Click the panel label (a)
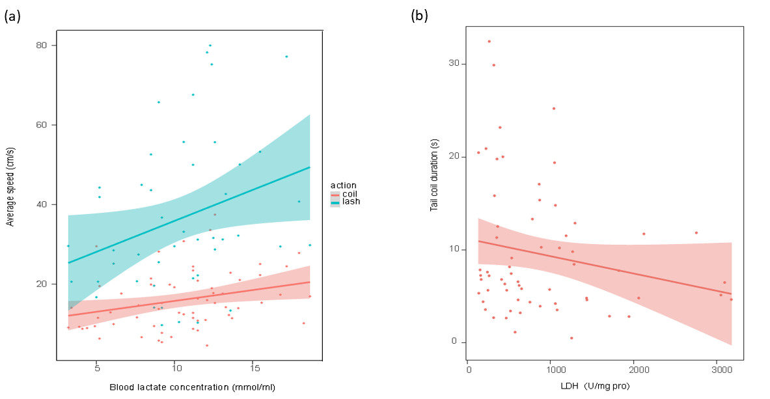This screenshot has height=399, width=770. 12,18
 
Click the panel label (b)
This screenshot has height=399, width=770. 419,16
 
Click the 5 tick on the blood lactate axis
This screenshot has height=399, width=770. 96,368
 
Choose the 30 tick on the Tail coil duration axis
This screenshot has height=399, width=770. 454,64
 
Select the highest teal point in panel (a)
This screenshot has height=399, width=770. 210,46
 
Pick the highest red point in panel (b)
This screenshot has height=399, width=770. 489,42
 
